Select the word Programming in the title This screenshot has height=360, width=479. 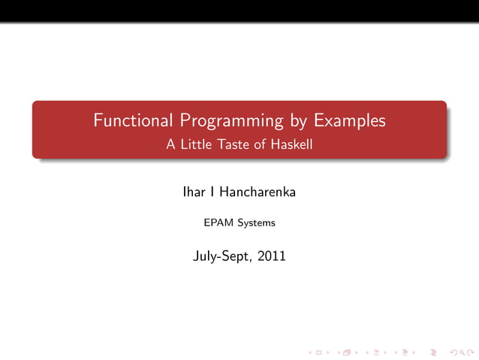229,121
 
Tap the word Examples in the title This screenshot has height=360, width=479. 349,120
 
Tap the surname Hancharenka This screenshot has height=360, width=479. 258,192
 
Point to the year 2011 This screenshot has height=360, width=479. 271,256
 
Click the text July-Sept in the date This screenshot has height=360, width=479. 222,256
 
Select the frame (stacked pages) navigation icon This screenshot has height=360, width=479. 345,351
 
